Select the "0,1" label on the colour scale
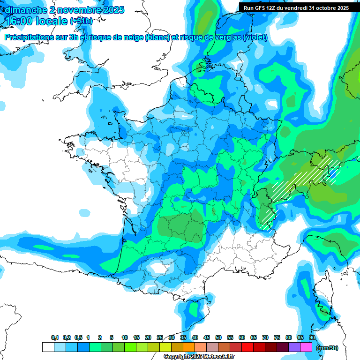tap(55, 338)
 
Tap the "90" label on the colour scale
tap(312, 338)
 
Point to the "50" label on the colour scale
tap(218, 338)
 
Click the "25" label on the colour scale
tap(160, 338)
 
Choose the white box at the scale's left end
tap(48, 347)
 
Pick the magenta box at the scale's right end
tap(307, 347)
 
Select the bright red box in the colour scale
tap(247, 347)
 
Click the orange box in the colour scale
tap(189, 347)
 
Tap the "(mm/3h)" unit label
tap(327, 348)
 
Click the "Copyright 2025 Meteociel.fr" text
tap(199, 357)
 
